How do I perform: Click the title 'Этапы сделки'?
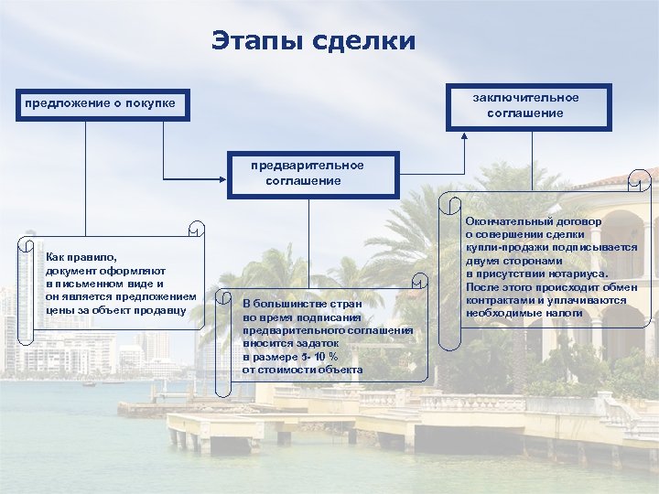(x=313, y=41)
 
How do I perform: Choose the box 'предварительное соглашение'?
(x=314, y=173)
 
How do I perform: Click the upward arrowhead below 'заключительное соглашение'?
(x=465, y=137)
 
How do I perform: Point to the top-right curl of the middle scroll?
(x=420, y=281)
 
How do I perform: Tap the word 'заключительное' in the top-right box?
(x=526, y=97)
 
